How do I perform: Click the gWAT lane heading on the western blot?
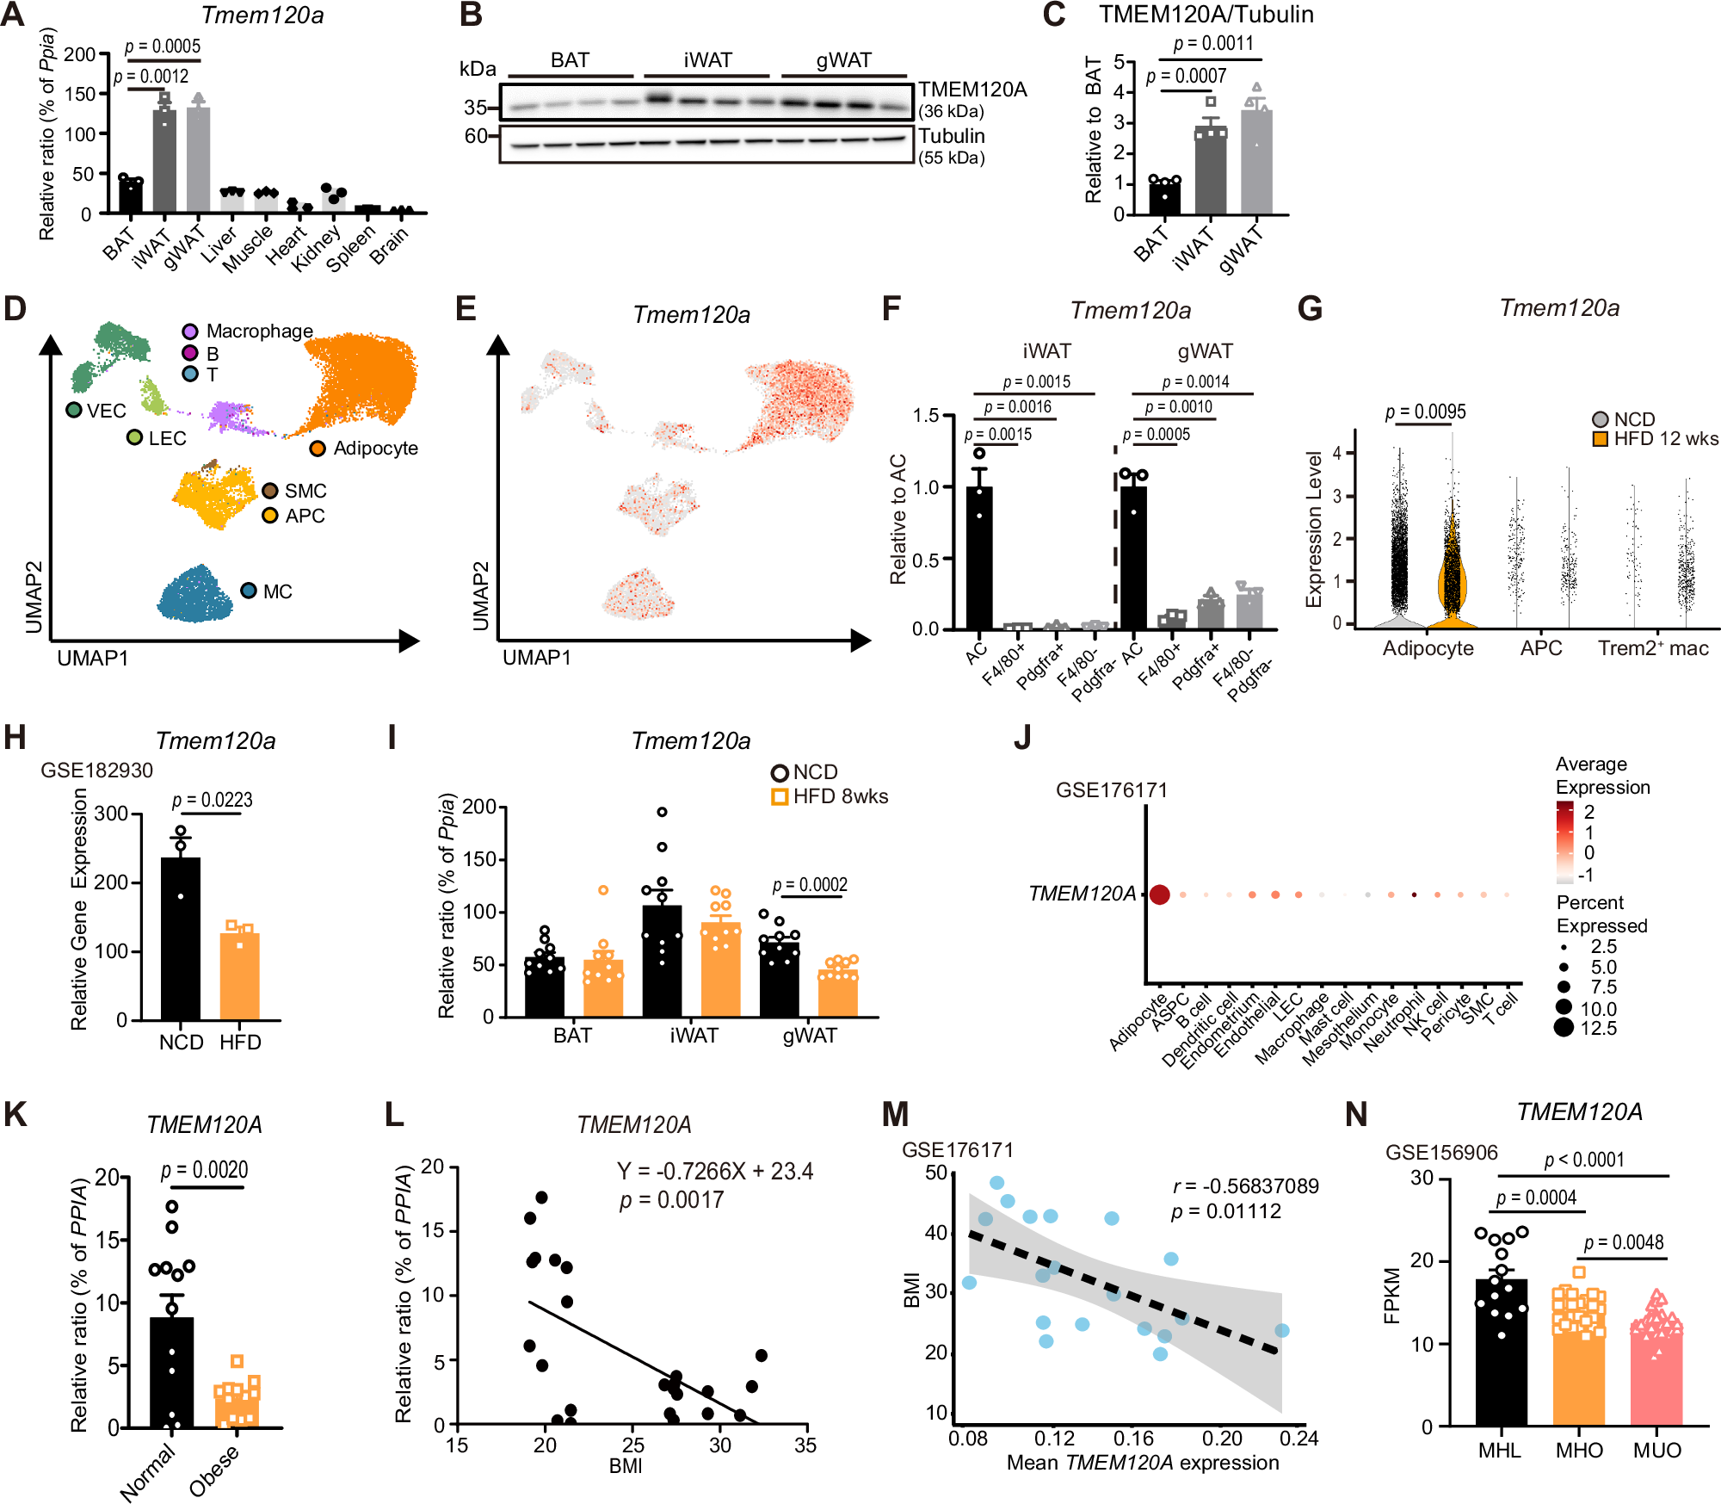point(843,60)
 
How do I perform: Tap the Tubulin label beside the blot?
point(951,136)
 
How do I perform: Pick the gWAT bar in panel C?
point(1256,164)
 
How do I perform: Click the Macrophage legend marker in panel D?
point(190,331)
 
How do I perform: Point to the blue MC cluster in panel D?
point(196,595)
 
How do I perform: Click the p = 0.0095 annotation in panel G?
point(1425,412)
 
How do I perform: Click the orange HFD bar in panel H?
point(240,977)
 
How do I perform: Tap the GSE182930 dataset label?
point(96,771)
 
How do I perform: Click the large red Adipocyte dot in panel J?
point(1159,894)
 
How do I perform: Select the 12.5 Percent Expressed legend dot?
point(1564,1027)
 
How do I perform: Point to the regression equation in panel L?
point(714,1172)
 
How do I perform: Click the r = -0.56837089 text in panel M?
point(1244,1186)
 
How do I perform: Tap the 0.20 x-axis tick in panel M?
point(1222,1439)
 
